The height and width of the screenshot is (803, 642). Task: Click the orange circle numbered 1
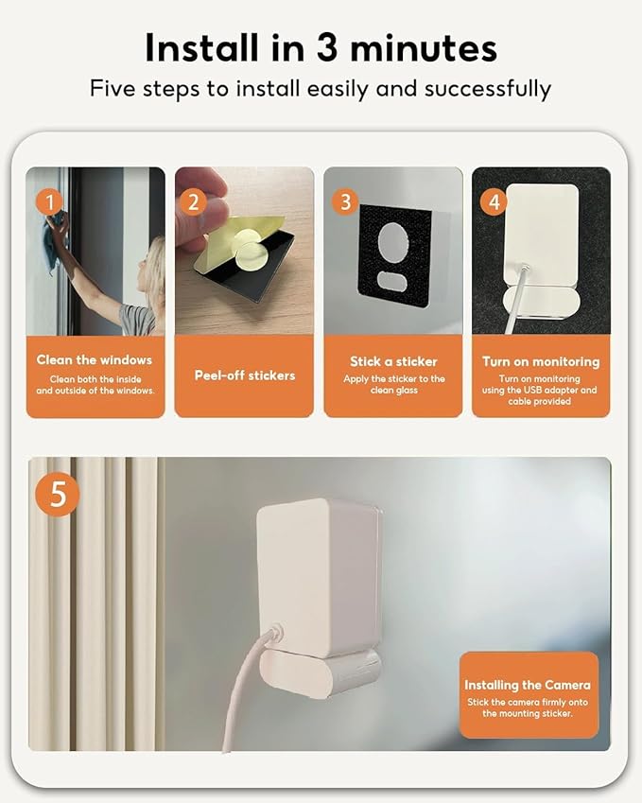click(50, 202)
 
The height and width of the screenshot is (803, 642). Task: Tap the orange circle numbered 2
click(194, 202)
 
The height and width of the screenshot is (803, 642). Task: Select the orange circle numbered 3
click(345, 201)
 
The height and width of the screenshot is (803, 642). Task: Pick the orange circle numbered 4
click(494, 201)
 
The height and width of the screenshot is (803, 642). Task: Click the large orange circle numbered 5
click(58, 495)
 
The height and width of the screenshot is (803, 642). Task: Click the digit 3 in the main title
click(327, 48)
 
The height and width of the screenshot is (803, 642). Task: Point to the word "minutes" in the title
click(424, 48)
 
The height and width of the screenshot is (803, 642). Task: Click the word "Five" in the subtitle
click(113, 89)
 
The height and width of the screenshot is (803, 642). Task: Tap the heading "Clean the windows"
click(95, 360)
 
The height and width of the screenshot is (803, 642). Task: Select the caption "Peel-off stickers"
click(245, 375)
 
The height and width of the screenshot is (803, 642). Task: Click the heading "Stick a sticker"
click(393, 361)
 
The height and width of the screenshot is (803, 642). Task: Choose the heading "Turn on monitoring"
click(541, 361)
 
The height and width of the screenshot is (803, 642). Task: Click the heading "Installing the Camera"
click(528, 685)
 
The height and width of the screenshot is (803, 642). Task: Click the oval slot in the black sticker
click(392, 280)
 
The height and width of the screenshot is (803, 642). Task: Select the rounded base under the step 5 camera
click(320, 672)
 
